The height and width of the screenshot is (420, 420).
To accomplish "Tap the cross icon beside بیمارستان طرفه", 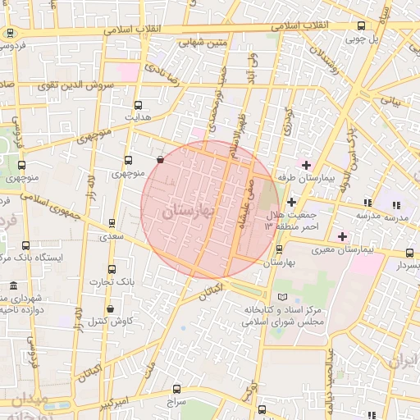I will coord(306,165).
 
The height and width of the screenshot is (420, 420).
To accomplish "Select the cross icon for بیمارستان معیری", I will coord(342,236).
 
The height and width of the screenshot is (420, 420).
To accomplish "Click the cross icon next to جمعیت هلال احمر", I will coord(291,202).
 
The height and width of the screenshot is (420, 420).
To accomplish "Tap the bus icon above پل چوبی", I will coord(362,25).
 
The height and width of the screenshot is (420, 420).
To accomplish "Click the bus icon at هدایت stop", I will coord(138,105).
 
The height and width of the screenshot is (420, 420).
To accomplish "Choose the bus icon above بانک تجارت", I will coord(112,269).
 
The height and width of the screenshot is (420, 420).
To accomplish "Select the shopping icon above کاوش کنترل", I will coord(109,308).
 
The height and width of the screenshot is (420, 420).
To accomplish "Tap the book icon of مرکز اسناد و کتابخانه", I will coord(283,296).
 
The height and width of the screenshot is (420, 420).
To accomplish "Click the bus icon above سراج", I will coord(178,390).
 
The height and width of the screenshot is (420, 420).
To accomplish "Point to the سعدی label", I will coord(112,236).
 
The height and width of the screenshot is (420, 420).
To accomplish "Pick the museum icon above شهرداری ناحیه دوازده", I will coord(14,285).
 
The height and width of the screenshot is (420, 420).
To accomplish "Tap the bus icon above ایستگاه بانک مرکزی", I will coord(25,245).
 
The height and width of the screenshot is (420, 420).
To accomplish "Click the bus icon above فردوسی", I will coord(10,34).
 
